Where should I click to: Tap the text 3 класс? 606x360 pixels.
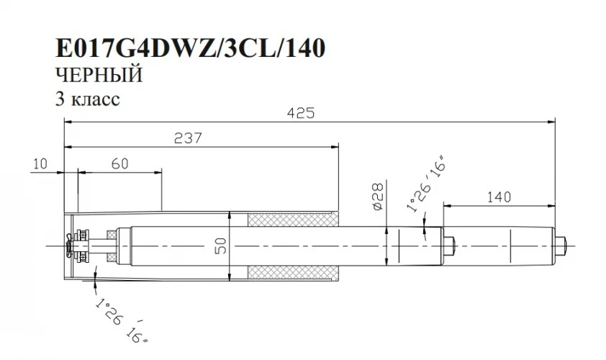click(x=87, y=99)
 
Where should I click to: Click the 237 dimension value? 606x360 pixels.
click(x=188, y=137)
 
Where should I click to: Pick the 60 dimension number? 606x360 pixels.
click(x=119, y=164)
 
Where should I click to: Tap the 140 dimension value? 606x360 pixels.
click(x=499, y=195)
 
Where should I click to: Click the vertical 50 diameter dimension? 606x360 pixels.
click(x=221, y=246)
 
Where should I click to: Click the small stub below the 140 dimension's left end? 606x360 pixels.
click(x=450, y=246)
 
